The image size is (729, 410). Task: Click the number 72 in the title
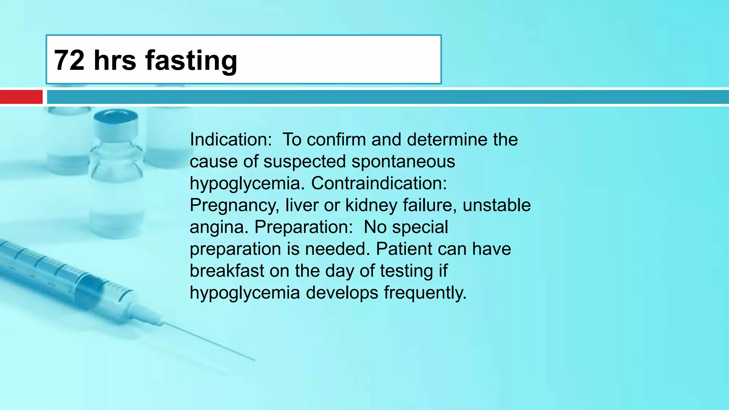click(x=70, y=61)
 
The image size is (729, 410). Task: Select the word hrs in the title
click(x=115, y=61)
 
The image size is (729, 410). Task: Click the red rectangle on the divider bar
click(x=21, y=97)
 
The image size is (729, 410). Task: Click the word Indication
click(x=231, y=140)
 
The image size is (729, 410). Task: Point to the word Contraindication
click(x=379, y=183)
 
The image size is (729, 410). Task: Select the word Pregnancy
click(x=234, y=206)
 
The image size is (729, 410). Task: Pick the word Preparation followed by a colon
click(x=304, y=227)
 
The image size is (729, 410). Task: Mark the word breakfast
click(x=227, y=271)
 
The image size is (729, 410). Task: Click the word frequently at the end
click(x=425, y=293)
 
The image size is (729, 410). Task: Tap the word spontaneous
click(x=403, y=162)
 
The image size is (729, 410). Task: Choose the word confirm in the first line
click(x=336, y=140)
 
